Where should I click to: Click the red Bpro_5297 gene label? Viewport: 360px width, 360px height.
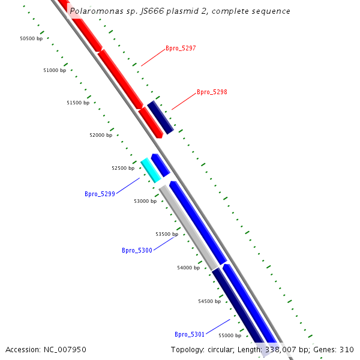click(x=181, y=48)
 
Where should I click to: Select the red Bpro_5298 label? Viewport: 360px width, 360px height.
click(x=212, y=92)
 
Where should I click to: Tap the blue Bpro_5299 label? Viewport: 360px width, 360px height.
click(x=100, y=194)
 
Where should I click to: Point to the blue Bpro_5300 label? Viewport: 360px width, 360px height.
click(x=137, y=251)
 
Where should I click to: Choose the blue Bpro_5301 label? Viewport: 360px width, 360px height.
click(x=190, y=334)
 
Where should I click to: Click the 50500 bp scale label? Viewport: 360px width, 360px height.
click(x=31, y=38)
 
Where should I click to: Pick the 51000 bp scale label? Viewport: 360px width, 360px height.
click(x=55, y=71)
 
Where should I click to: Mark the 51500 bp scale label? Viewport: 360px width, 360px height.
click(x=78, y=103)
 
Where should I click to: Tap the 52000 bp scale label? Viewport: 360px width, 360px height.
click(x=101, y=136)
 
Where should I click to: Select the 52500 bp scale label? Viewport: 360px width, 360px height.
click(x=123, y=169)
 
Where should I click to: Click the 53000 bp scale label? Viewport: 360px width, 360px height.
click(x=145, y=202)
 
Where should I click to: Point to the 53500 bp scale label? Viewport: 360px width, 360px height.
click(x=167, y=235)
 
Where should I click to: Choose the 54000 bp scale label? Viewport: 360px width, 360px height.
click(x=188, y=268)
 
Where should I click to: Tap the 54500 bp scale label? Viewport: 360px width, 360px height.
click(x=209, y=302)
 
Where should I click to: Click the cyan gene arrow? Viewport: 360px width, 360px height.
click(x=151, y=170)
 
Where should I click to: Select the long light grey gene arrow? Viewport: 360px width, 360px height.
click(x=188, y=227)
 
